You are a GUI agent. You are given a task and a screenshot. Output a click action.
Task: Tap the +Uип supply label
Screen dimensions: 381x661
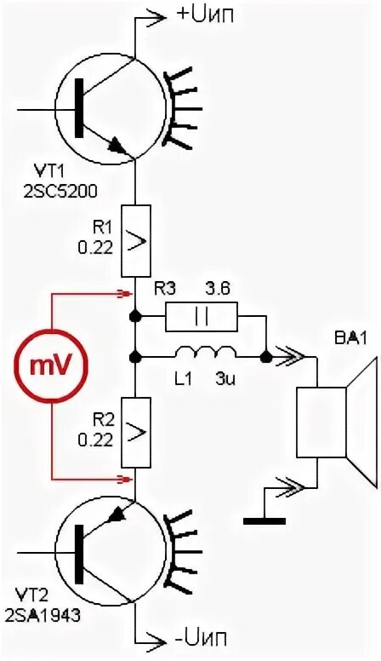coord(205,14)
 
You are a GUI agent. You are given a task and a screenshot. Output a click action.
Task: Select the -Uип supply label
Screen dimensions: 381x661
coord(201,637)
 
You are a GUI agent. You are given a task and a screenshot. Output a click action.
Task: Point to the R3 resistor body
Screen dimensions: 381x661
coord(202,317)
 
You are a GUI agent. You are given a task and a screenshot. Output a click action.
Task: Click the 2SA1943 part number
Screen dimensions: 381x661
coord(43,616)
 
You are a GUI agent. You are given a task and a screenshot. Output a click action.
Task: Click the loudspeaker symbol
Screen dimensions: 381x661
coord(336,422)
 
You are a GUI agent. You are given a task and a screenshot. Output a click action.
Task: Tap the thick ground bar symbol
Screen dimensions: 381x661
coord(264,521)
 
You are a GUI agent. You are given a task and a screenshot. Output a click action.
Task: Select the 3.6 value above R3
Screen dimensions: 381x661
coord(218,290)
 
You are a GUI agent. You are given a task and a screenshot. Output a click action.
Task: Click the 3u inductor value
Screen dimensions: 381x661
coord(224,378)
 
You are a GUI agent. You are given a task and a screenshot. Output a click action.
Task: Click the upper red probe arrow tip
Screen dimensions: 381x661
coord(128,294)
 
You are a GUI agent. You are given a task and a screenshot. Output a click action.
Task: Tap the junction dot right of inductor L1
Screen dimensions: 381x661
coord(265,358)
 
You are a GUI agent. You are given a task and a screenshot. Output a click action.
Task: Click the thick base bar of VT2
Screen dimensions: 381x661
coord(79,554)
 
